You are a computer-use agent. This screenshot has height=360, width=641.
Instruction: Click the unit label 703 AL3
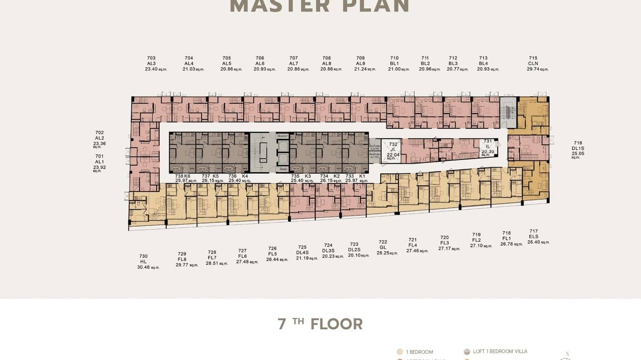click(x=151, y=61)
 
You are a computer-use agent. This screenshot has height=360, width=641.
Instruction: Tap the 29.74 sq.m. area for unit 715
click(x=537, y=69)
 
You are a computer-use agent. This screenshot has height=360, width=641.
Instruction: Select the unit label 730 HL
click(x=143, y=259)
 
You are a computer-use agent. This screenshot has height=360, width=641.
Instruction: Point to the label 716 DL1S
click(x=578, y=146)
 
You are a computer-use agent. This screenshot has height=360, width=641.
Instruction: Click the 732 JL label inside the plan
click(x=393, y=147)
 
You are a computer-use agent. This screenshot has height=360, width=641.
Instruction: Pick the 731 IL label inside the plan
click(x=488, y=144)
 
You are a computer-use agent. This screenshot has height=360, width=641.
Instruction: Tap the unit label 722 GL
click(x=383, y=245)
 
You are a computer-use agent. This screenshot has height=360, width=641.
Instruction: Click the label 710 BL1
click(x=394, y=61)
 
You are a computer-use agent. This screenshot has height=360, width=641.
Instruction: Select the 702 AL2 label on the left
click(x=99, y=136)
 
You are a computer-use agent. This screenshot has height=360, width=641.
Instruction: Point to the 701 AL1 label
click(x=99, y=159)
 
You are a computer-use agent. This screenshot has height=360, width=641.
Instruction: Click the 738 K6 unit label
click(x=182, y=176)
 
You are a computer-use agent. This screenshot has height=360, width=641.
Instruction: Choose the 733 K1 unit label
click(x=355, y=176)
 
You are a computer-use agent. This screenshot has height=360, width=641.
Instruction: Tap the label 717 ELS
click(x=534, y=234)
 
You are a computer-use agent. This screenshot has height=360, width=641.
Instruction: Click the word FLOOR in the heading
click(x=336, y=324)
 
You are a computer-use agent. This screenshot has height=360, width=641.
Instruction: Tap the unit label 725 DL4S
click(x=302, y=250)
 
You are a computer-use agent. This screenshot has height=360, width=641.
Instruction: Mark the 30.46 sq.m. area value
click(x=148, y=267)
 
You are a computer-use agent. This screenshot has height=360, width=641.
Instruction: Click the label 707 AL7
click(x=294, y=61)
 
